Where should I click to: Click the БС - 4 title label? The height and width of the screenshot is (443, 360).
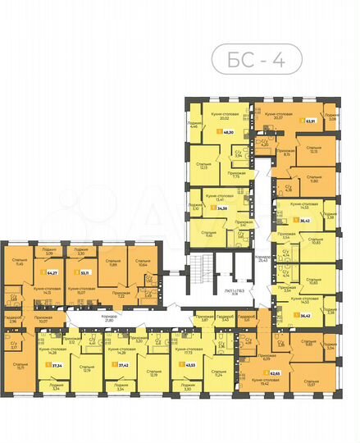point(254,60)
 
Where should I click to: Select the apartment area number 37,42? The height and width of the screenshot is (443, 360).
point(123,364)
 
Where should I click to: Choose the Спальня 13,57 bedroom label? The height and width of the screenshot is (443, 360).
point(308,381)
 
